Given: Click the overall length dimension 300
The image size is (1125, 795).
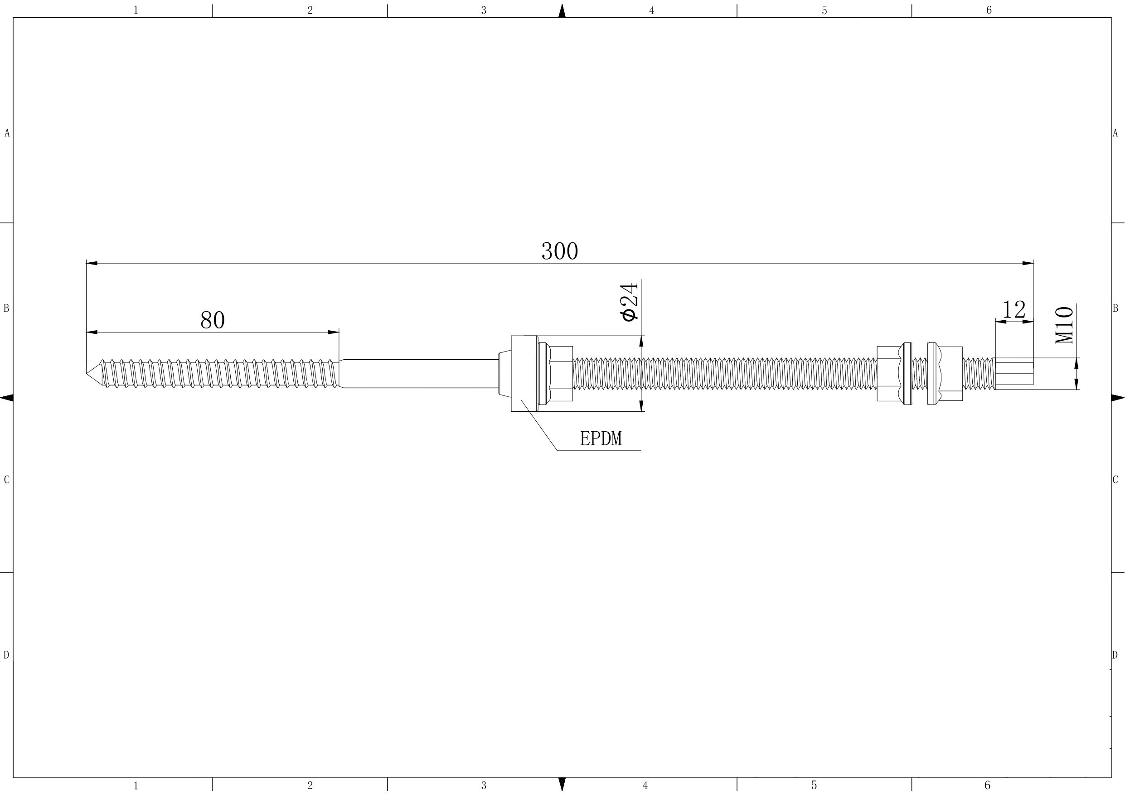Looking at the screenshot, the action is click(560, 251).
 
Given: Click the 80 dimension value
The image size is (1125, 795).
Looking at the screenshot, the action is click(213, 320).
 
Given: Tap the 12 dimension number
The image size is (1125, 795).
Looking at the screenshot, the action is click(1014, 309).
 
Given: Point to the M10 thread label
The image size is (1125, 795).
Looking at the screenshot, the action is click(1064, 325).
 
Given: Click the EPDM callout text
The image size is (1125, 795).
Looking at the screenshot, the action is click(601, 438).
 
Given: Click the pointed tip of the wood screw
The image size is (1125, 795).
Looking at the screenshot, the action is click(87, 374).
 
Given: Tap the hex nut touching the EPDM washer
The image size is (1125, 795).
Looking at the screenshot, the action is click(556, 374).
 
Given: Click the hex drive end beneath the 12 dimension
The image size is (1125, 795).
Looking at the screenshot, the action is click(1014, 374).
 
